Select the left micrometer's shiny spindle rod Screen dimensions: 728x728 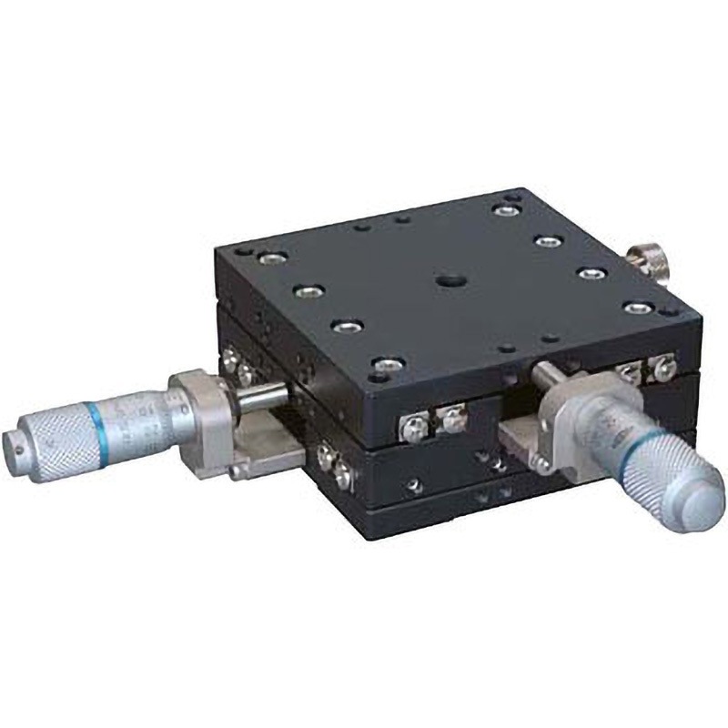(264, 397)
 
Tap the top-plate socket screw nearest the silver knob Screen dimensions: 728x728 (636, 308)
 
